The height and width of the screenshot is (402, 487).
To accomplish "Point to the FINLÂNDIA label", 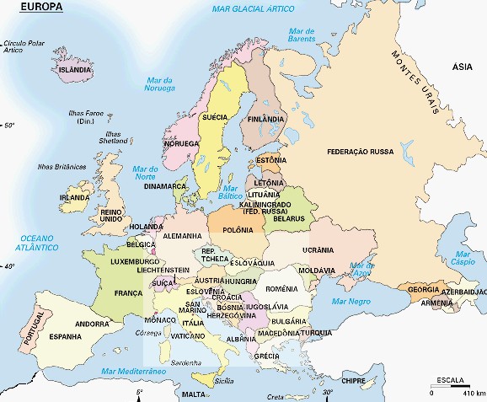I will pyautogui.click(x=265, y=120).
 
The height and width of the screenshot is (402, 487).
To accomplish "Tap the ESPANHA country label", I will pyautogui.click(x=65, y=337).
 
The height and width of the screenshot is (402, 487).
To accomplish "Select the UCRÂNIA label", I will pyautogui.click(x=319, y=250).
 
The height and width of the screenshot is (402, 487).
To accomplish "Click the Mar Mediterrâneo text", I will pyautogui.click(x=132, y=372).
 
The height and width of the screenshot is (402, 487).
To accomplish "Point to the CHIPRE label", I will pyautogui.click(x=352, y=380).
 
